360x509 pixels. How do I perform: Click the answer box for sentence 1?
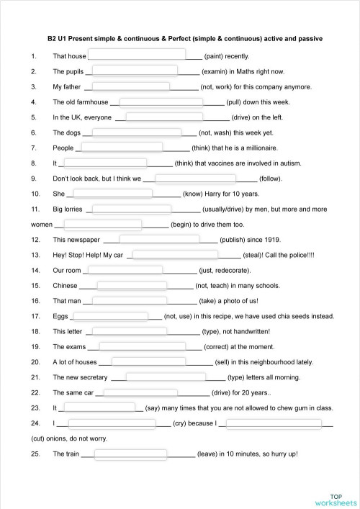click(135, 55)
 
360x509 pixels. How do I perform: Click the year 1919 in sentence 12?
click(272, 240)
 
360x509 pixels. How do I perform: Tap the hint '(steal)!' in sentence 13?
click(256, 255)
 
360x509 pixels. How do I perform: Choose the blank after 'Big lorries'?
click(132, 209)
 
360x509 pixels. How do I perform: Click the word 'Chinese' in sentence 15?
click(66, 285)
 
